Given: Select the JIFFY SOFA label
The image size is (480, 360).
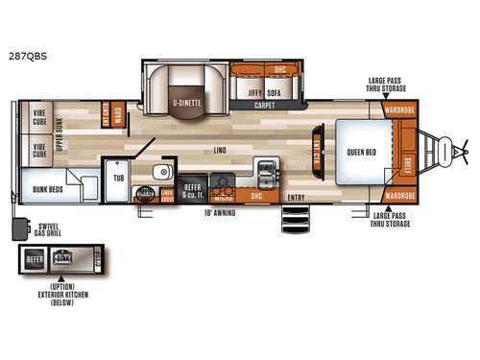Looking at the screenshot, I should pyautogui.click(x=269, y=92).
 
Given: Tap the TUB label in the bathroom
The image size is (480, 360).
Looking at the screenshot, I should pyautogui.click(x=120, y=178).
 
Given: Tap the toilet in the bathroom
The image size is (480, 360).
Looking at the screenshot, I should pyautogui.click(x=145, y=193).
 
